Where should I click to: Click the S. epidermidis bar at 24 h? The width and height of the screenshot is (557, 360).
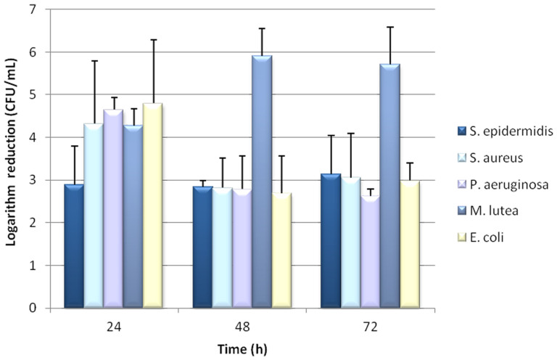point(74,246)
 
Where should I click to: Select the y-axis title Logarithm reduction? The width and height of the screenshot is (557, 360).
point(12,160)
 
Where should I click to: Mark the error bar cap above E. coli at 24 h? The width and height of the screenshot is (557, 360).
point(152,39)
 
